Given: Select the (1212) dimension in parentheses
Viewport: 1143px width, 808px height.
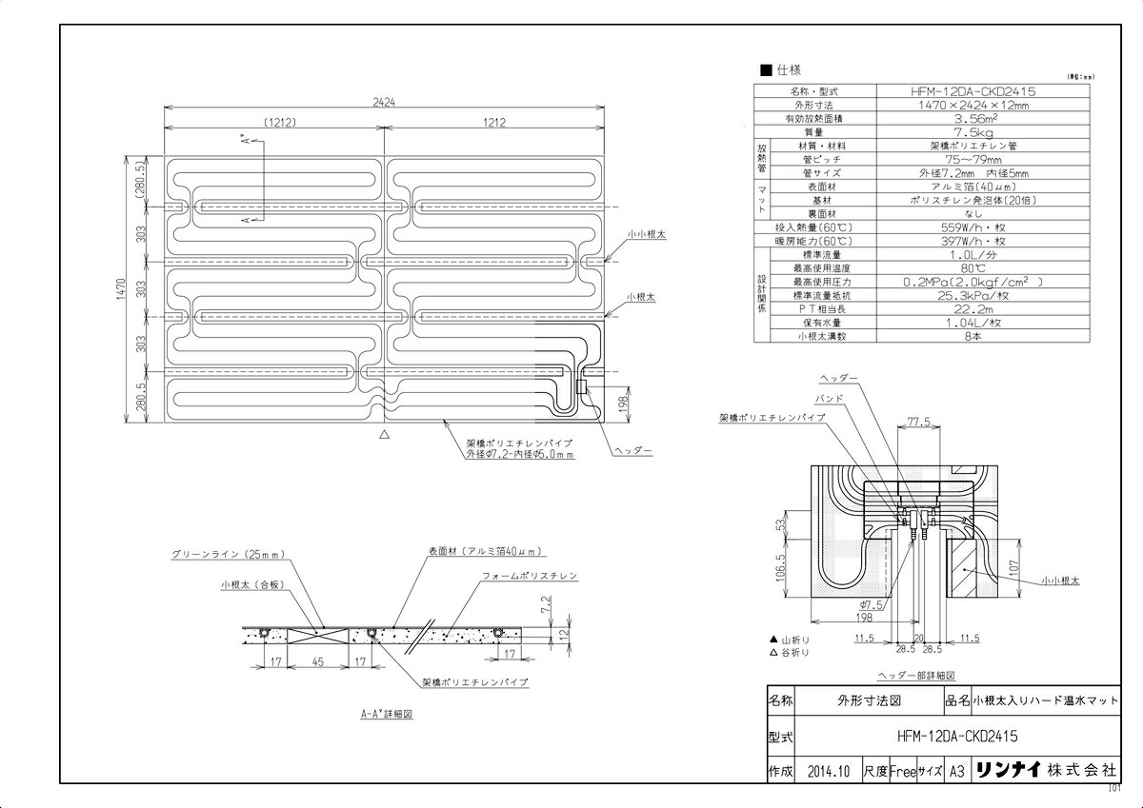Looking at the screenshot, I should click(273, 122).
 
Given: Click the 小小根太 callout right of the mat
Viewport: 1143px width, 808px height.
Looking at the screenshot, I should click(647, 233).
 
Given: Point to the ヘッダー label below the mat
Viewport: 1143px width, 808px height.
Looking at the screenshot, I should click(632, 449).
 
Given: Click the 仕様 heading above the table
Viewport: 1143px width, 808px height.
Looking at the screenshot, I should click(788, 69).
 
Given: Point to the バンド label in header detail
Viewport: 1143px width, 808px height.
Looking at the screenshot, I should click(826, 398).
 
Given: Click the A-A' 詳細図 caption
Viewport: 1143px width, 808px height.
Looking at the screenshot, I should click(387, 712).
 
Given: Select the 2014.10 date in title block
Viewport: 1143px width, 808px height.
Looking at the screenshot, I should click(827, 771).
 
